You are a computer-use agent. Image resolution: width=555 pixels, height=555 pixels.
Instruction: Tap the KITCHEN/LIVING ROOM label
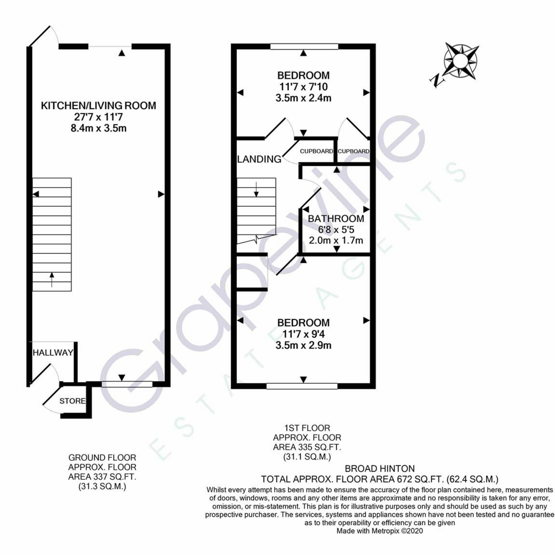(x=99, y=105)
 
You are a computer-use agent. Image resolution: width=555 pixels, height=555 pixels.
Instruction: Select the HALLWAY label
(x=53, y=353)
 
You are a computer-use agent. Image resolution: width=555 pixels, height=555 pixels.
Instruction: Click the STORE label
(x=72, y=401)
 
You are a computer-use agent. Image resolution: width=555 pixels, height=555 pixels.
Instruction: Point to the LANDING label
(x=259, y=160)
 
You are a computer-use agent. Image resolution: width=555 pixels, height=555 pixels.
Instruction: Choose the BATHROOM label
(x=336, y=219)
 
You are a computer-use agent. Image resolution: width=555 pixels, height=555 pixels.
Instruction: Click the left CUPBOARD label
(x=316, y=151)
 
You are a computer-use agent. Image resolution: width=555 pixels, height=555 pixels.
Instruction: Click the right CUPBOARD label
(x=354, y=151)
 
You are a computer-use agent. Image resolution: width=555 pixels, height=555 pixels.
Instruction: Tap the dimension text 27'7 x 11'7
(x=99, y=117)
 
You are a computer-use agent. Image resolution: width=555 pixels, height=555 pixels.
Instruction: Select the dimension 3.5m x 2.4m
(x=303, y=98)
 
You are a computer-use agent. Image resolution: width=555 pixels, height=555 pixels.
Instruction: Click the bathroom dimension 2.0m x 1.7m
(x=336, y=240)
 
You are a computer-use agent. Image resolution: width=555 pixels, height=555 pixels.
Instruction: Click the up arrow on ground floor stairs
(x=51, y=279)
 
